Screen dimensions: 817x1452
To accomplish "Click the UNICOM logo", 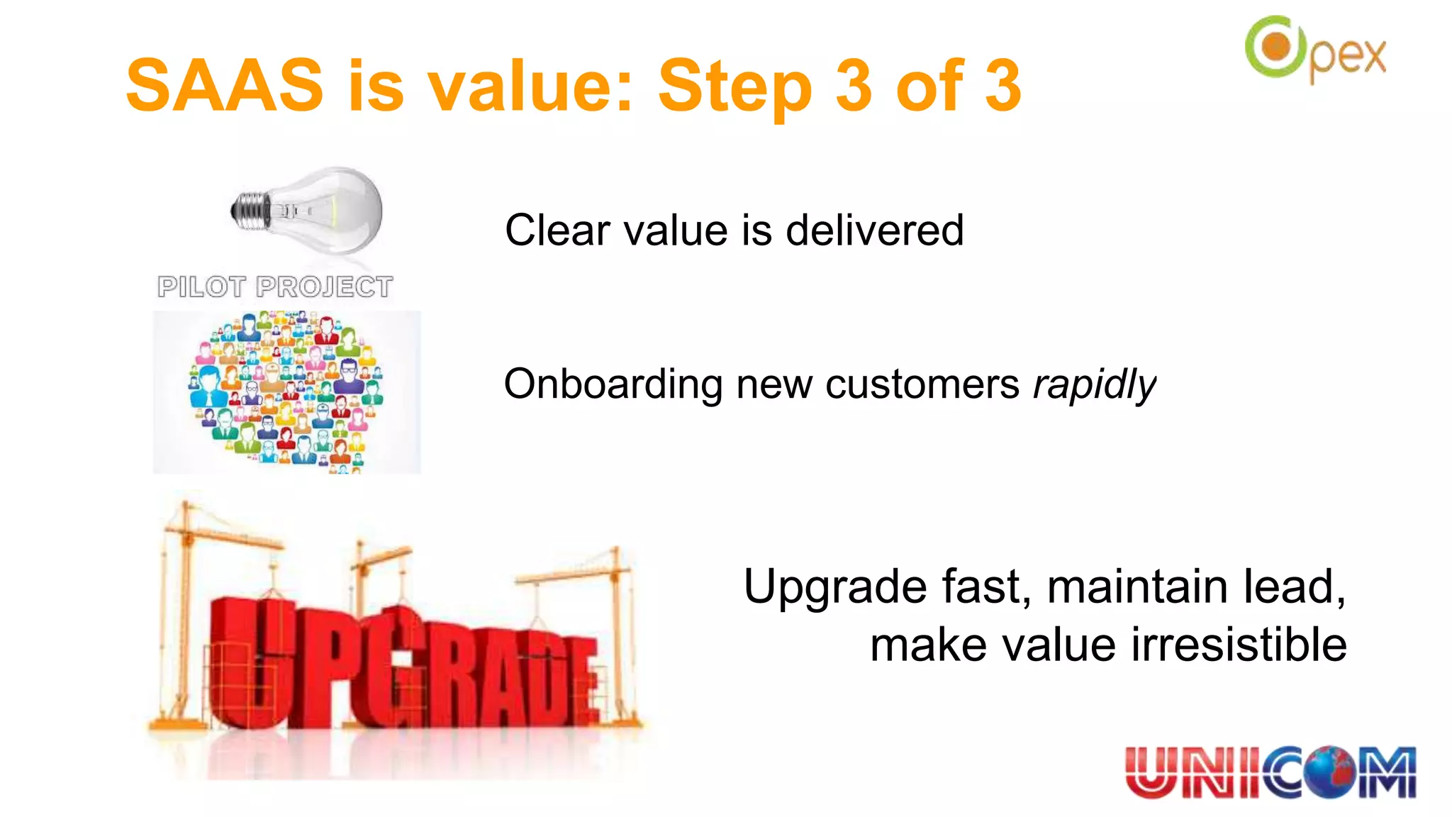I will click(1270, 773).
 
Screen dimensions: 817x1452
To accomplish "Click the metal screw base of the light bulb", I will click(250, 211).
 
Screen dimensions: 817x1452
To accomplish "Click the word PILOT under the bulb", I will click(201, 287).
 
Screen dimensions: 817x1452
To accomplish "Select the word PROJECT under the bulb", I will click(324, 287).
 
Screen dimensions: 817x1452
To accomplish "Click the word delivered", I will click(874, 230).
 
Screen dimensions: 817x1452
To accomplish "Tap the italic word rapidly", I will click(1094, 385).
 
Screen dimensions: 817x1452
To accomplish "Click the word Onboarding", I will click(613, 385).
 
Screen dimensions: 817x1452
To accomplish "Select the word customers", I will click(922, 385).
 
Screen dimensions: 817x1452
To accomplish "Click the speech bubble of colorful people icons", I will click(286, 390).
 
